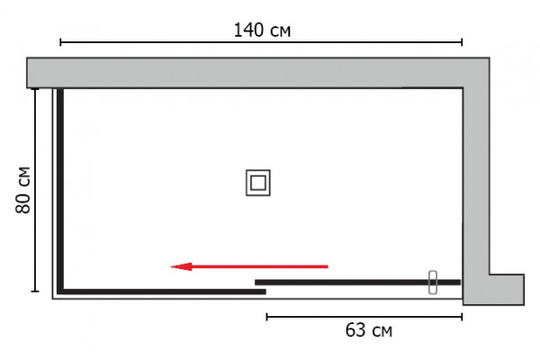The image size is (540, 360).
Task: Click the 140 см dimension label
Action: tap(262, 30)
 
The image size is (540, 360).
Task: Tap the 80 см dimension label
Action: tap(23, 190)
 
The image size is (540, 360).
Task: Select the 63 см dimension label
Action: tap(368, 330)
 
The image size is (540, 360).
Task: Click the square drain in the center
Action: tap(258, 183)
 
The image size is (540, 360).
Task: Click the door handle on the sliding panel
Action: tap(433, 283)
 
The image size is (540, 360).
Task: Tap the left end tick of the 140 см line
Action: tap(60, 42)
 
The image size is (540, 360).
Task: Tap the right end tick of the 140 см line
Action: tap(462, 42)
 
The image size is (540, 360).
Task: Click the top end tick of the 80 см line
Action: tap(35, 89)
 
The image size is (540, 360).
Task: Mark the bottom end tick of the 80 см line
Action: tap(35, 292)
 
